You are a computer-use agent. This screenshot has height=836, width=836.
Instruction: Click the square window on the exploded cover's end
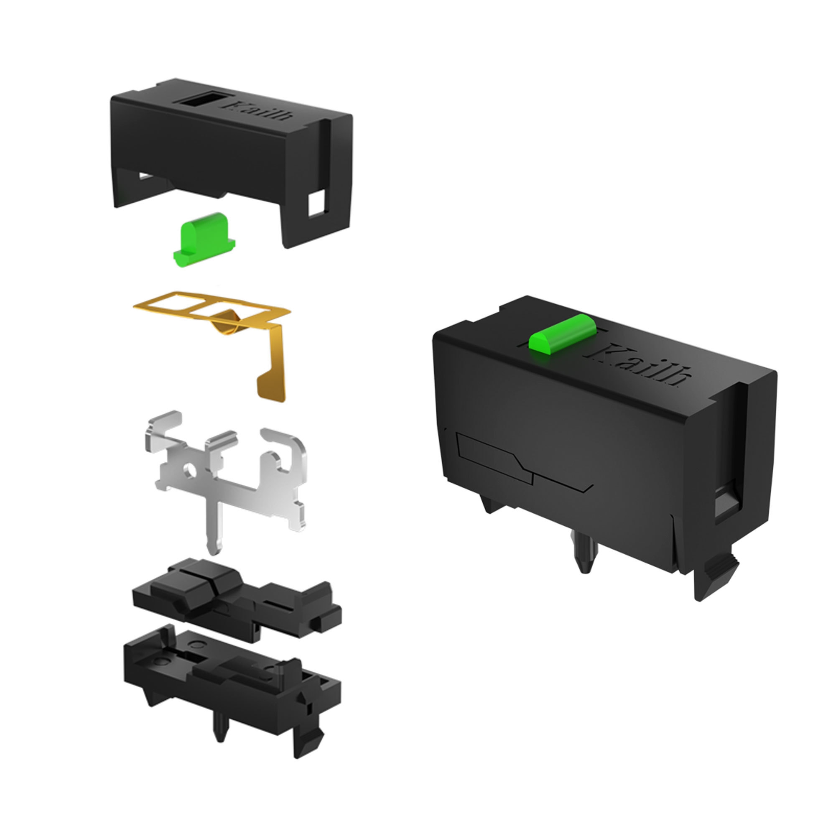pyautogui.click(x=316, y=204)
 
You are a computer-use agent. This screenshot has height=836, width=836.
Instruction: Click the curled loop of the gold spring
pyautogui.click(x=228, y=322)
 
